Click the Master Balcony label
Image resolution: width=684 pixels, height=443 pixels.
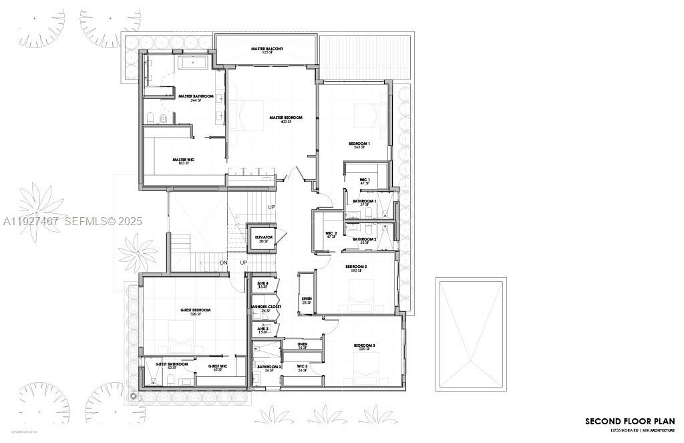point(267,49)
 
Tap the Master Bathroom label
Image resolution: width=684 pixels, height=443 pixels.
point(196,97)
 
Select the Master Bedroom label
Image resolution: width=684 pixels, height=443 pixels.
point(286,118)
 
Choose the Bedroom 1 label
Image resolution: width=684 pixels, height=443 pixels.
point(359,144)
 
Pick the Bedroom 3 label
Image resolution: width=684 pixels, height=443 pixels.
point(365,345)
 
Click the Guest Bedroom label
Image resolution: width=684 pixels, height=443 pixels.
point(195,311)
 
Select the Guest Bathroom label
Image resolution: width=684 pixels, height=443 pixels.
point(172,365)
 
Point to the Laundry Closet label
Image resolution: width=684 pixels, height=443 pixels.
point(266,307)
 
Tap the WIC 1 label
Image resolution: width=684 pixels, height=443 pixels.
point(364,180)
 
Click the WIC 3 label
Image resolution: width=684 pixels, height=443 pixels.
point(301,367)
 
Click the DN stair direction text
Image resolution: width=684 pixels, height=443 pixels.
point(224,263)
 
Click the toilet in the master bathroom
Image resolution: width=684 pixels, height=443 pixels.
point(151,119)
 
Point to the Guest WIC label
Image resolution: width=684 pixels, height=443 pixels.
point(218,366)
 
